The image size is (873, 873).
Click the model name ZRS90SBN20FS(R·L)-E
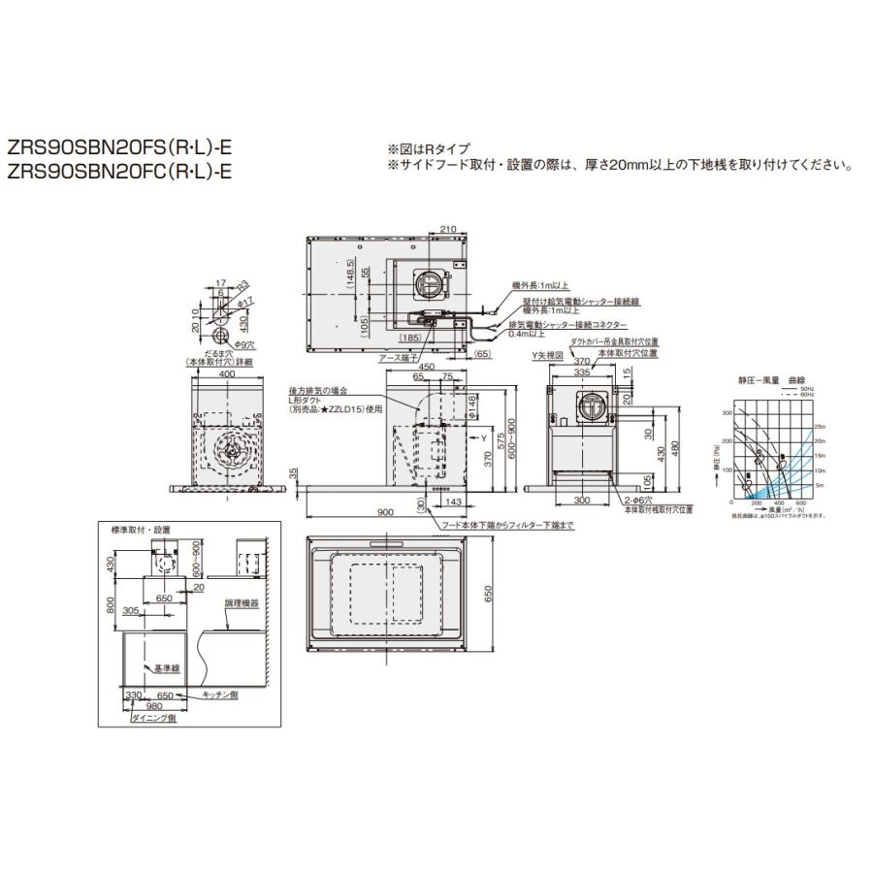tap(120, 150)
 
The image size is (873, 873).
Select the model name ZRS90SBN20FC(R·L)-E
tap(120, 173)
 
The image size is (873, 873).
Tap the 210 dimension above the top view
tap(447, 228)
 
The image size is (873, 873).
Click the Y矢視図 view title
tap(549, 356)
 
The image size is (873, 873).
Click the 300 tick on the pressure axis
tap(727, 412)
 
